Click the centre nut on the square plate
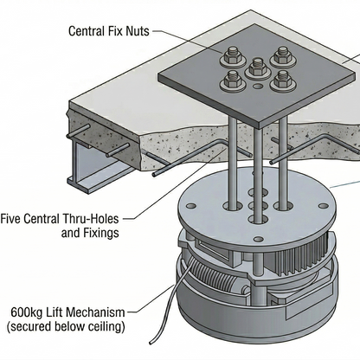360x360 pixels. [255, 68]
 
